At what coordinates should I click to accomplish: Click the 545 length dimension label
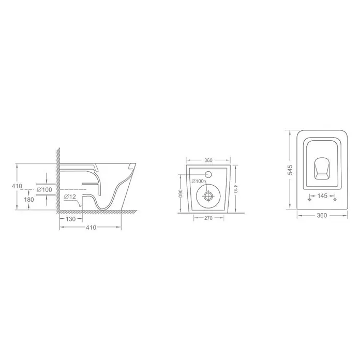tap(291, 170)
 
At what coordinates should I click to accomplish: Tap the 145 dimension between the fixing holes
tap(322, 196)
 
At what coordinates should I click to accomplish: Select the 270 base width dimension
tap(208, 218)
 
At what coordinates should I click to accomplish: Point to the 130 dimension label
tap(70, 219)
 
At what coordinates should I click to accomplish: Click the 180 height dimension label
tap(29, 200)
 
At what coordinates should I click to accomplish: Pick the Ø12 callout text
tap(70, 197)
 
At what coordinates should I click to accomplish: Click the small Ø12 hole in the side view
tap(80, 206)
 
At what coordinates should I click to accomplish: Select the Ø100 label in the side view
tap(44, 190)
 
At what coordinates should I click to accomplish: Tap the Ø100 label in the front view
tap(198, 182)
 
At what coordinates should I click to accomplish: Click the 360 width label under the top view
tap(322, 215)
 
